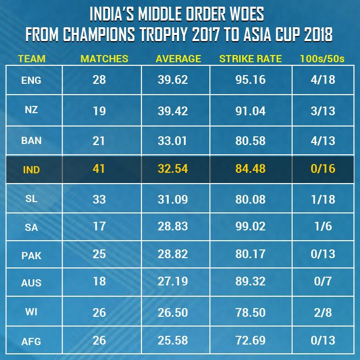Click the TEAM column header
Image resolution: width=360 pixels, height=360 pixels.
coord(31,59)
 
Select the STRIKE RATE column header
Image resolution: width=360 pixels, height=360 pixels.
coord(250,59)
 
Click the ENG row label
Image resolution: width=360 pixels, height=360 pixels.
coord(31,81)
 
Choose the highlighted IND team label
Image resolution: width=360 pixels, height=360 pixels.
coord(31,170)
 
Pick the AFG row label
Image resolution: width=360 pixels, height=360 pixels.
coord(31,340)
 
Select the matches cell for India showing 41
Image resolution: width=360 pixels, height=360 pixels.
coord(99,169)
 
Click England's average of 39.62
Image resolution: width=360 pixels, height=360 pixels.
coord(172,80)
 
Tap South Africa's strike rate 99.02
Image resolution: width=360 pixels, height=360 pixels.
coord(250,226)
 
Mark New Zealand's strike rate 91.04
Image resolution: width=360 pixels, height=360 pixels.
coord(250,110)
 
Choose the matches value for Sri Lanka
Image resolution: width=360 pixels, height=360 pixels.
coord(99,199)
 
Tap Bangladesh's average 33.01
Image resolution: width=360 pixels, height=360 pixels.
coord(172,140)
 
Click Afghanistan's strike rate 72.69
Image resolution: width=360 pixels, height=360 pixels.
coord(250,340)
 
